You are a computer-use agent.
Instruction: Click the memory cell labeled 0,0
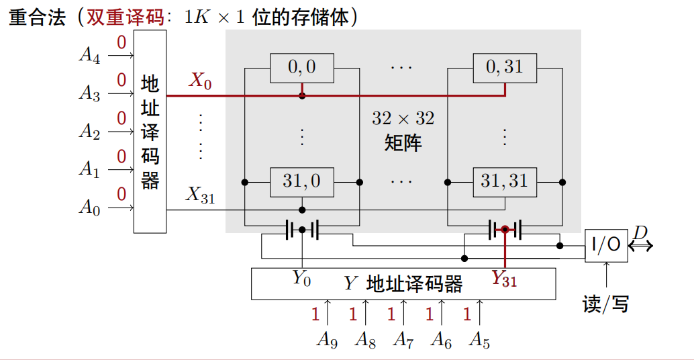tap(301, 66)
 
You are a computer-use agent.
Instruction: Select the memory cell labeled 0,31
tap(504, 66)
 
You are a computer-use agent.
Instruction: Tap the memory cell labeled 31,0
tap(301, 181)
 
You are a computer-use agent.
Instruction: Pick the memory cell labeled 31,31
tap(504, 181)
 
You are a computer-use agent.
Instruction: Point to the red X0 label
tap(200, 81)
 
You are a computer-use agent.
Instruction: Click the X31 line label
tap(200, 195)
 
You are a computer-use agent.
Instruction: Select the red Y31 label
tap(504, 277)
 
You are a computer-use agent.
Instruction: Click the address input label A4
tap(89, 54)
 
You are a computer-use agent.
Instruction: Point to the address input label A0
tap(89, 207)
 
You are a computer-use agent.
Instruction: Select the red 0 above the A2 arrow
tap(121, 118)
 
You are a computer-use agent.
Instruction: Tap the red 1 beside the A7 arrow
tap(391, 313)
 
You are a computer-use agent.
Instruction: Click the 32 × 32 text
tap(403, 119)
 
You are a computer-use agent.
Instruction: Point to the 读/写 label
tap(605, 304)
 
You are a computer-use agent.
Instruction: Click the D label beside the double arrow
tap(641, 232)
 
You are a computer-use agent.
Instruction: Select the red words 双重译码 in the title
tap(125, 17)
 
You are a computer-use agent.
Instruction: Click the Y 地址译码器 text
tap(403, 284)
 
